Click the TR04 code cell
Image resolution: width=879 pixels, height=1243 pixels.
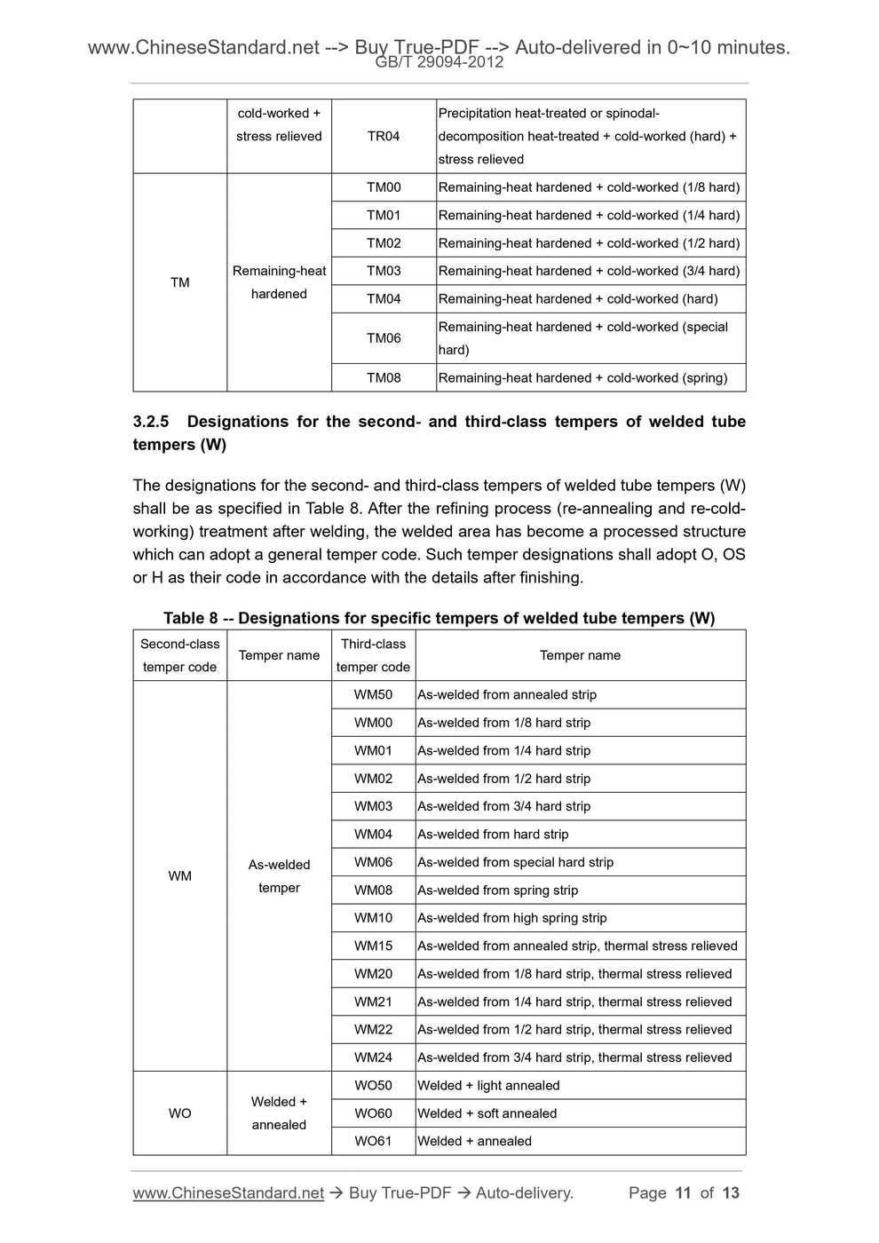[x=384, y=136]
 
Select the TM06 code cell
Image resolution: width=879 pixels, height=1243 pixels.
[x=384, y=338]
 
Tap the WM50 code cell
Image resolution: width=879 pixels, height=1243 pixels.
[x=373, y=694]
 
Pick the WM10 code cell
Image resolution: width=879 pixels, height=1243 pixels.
[x=373, y=918]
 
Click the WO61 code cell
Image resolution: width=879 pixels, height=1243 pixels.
[x=373, y=1141]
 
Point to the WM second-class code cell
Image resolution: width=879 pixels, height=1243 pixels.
[x=180, y=876]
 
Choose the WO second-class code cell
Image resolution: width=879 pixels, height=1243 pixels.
[x=180, y=1113]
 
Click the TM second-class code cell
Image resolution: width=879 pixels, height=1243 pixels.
[x=180, y=282]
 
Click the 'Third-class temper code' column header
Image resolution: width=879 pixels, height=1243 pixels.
[x=373, y=655]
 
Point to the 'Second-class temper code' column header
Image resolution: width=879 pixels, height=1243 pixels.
[x=180, y=655]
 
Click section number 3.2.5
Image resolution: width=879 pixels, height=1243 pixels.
[x=151, y=422]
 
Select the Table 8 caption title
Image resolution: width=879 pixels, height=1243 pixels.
[x=439, y=618]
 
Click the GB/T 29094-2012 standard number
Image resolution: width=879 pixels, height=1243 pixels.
[x=439, y=62]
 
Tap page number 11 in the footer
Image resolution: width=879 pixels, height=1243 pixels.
[x=683, y=1192]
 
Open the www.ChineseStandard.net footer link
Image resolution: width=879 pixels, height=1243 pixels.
[x=228, y=1192]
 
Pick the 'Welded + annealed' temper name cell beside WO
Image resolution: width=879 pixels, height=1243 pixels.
[x=279, y=1113]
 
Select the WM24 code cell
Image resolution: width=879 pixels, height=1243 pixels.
[x=373, y=1057]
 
